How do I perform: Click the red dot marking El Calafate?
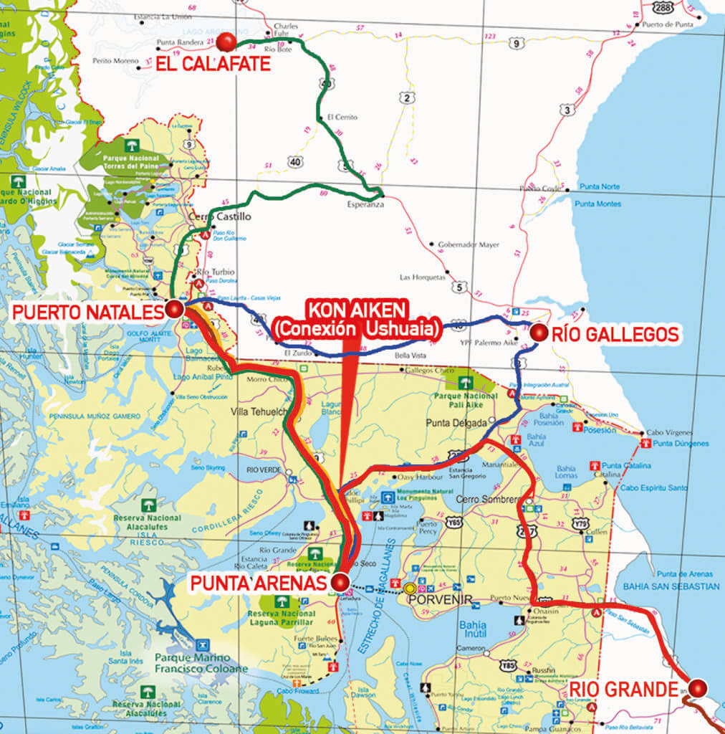point(226,42)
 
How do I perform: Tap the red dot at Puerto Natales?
point(174,309)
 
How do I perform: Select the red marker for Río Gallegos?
point(538,333)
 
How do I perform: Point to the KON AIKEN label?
point(357,310)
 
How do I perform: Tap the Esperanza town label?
point(365,204)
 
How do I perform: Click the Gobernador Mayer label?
point(469,244)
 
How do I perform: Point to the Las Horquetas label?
point(423,277)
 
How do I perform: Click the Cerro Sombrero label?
point(492,499)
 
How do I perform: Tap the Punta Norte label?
point(600,187)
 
